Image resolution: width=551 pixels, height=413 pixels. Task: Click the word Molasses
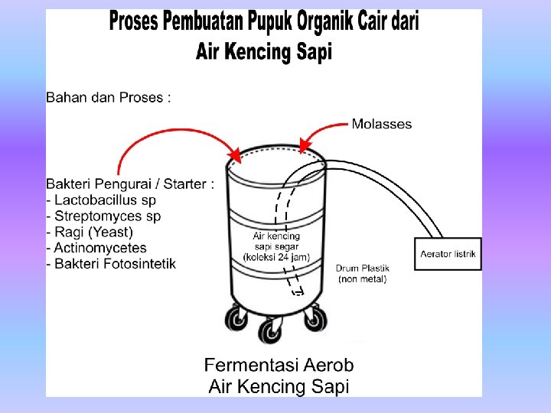(x=381, y=124)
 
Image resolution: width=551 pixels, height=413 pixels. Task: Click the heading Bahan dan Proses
(x=108, y=97)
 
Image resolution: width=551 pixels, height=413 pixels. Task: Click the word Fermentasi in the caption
(x=252, y=365)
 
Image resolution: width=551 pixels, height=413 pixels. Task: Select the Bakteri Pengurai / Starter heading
(x=130, y=184)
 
